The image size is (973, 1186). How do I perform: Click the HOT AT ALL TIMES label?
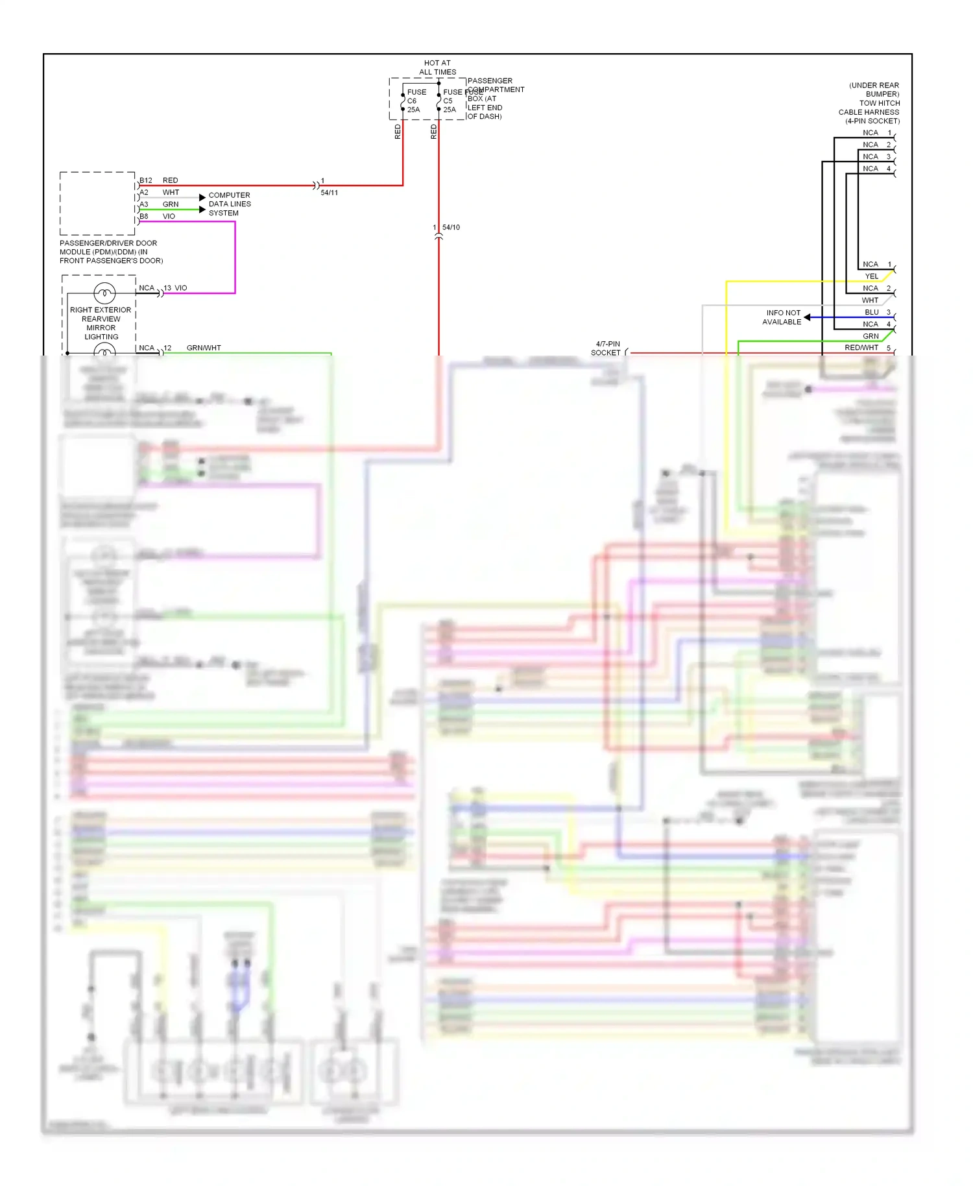[437, 67]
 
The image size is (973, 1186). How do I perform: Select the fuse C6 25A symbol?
[403, 101]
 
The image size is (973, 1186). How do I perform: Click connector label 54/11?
[329, 193]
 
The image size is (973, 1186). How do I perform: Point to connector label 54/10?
[451, 227]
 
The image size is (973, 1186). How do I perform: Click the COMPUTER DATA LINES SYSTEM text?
[229, 204]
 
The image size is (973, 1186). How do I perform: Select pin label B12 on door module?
[146, 180]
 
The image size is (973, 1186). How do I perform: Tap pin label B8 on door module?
[144, 216]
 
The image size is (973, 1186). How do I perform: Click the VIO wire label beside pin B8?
[169, 216]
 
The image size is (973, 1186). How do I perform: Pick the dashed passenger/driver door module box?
[97, 203]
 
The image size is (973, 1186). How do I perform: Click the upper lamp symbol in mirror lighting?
[104, 293]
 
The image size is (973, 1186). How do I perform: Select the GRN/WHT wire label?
[204, 348]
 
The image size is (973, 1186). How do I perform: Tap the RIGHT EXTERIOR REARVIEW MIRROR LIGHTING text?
[101, 323]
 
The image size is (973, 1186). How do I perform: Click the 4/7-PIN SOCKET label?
[607, 348]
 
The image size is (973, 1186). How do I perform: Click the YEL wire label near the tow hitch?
[871, 276]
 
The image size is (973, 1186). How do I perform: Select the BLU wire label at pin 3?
[871, 312]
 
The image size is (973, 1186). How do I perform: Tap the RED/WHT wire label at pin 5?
[861, 348]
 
